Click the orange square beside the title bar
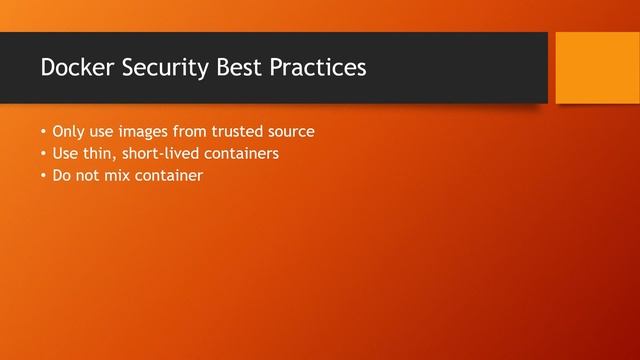coord(597,67)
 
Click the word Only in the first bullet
coord(67,131)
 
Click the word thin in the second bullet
coord(98,154)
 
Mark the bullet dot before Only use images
coord(43,132)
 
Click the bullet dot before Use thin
coord(43,155)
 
